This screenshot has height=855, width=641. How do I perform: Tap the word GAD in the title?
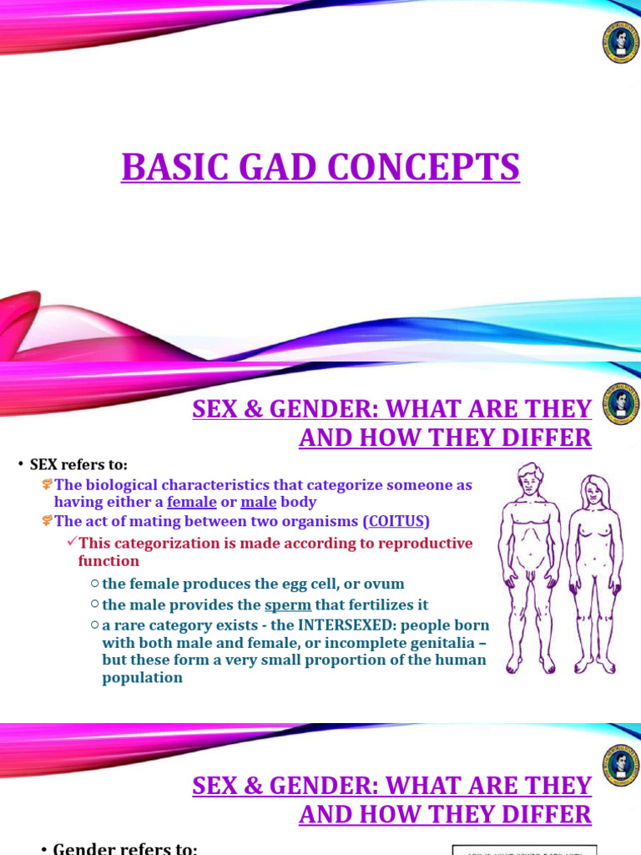click(x=268, y=167)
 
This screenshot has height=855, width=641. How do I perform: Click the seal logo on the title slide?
click(x=621, y=43)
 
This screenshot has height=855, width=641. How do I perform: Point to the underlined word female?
click(x=191, y=503)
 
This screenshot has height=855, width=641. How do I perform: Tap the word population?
click(x=143, y=678)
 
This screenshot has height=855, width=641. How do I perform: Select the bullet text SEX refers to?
click(x=78, y=465)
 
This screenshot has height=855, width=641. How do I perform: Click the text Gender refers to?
click(x=125, y=849)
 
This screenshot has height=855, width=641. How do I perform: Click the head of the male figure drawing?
click(x=529, y=479)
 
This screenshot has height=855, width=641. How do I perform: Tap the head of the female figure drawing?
click(x=594, y=490)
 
